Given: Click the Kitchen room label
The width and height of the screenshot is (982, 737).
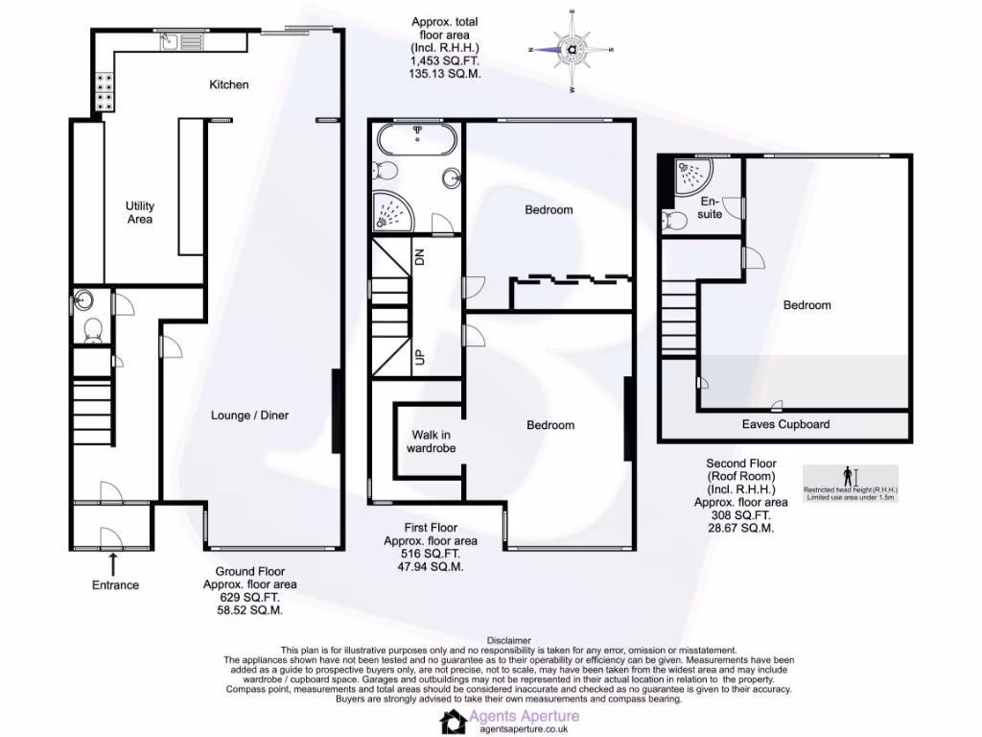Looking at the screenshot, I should [229, 84].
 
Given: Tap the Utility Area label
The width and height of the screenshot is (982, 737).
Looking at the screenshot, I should [140, 213].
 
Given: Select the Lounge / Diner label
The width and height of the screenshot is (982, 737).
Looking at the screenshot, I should [249, 416].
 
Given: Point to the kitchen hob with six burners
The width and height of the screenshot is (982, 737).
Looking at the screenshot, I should [103, 91].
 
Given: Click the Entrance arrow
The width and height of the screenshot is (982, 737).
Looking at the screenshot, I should [115, 563].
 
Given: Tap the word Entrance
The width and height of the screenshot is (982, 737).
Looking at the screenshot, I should [115, 585].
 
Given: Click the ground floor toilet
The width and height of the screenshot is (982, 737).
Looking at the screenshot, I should [94, 331].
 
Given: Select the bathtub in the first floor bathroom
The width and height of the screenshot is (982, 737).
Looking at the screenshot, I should [418, 141].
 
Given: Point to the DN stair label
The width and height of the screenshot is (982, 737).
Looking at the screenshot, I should [419, 256].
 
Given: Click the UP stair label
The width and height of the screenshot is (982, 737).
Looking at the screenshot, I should [419, 358].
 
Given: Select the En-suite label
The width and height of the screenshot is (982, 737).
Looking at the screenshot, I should [710, 208].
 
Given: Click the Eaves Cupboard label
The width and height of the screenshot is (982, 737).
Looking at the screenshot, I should [785, 424].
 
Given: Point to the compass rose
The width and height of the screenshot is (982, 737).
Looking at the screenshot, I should [573, 49].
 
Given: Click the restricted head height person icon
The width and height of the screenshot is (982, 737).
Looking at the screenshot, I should [847, 475].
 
